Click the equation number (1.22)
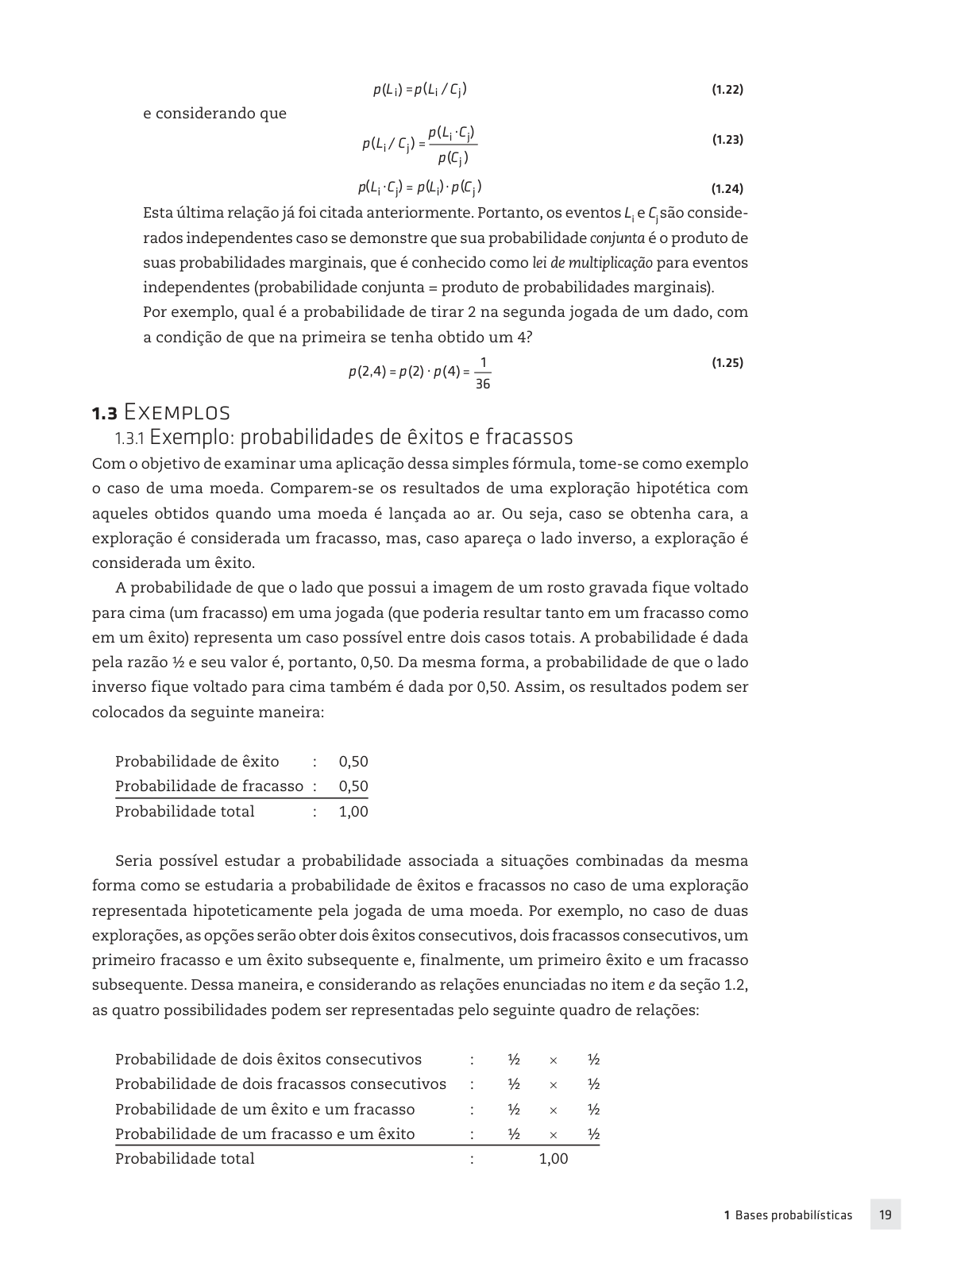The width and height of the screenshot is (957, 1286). [x=727, y=90]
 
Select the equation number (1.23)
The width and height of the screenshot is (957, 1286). [x=727, y=140]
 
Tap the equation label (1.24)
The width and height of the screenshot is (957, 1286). [x=727, y=189]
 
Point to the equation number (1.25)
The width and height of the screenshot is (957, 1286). [x=727, y=363]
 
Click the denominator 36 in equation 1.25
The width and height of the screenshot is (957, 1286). [x=482, y=384]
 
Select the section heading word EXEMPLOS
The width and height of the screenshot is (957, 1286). [x=177, y=413]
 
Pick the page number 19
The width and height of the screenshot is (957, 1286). [x=885, y=1215]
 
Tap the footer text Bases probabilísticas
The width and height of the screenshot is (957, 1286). [x=793, y=1215]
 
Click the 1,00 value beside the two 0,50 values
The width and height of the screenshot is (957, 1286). [x=353, y=811]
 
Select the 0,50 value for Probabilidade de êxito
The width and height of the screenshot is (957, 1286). [x=353, y=762]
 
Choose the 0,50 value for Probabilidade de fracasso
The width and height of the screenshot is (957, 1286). [x=353, y=786]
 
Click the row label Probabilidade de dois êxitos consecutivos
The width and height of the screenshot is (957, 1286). [x=268, y=1060]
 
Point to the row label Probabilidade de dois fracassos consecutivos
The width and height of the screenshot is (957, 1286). [x=280, y=1084]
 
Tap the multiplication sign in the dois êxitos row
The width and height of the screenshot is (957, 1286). [x=554, y=1060]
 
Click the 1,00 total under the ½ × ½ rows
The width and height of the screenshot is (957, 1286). [x=554, y=1159]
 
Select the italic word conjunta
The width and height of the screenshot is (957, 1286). [x=617, y=238]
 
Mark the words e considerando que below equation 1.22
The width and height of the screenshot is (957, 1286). [x=214, y=114]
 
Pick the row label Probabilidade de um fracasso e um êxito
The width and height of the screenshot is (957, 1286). [x=264, y=1134]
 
